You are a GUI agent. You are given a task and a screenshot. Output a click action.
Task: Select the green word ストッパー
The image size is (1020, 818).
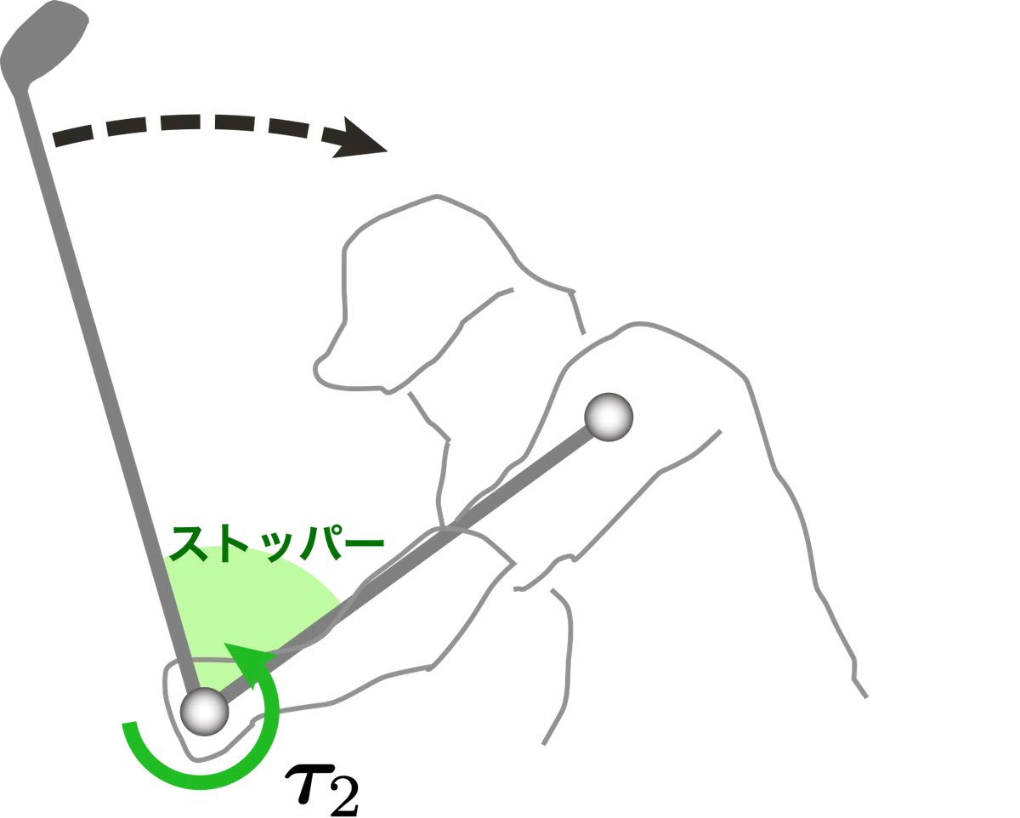276,543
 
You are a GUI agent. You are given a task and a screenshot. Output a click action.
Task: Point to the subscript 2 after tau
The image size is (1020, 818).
345,797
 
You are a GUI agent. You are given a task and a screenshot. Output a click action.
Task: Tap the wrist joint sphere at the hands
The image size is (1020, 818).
205,713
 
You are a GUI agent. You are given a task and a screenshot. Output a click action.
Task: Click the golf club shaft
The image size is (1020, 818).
106,389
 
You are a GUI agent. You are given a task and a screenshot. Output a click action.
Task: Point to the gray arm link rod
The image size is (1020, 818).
408,565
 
